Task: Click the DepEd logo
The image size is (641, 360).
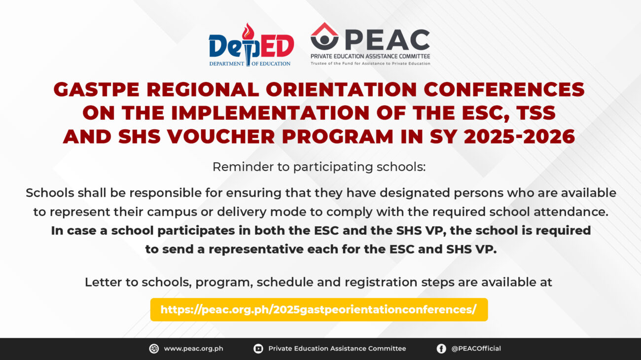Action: tap(251, 45)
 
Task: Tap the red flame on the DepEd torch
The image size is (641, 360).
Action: tap(248, 32)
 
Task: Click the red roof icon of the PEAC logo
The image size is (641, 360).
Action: tap(324, 29)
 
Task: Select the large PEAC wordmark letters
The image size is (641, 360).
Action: tap(388, 40)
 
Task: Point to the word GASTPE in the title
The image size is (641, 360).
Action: tap(97, 90)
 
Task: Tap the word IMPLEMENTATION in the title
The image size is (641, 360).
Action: tap(270, 113)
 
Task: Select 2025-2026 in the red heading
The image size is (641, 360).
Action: tap(519, 137)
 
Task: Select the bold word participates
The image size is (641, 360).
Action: tap(196, 231)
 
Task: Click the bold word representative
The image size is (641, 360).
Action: tap(255, 249)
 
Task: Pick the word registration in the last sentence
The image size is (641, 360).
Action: tap(381, 283)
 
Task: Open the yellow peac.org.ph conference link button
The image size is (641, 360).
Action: tap(319, 310)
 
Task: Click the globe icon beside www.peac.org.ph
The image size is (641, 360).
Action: tap(154, 349)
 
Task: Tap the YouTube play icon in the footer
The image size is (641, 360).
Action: tap(258, 349)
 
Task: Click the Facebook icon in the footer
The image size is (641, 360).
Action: tap(441, 349)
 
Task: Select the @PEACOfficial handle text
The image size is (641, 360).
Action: tap(476, 349)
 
